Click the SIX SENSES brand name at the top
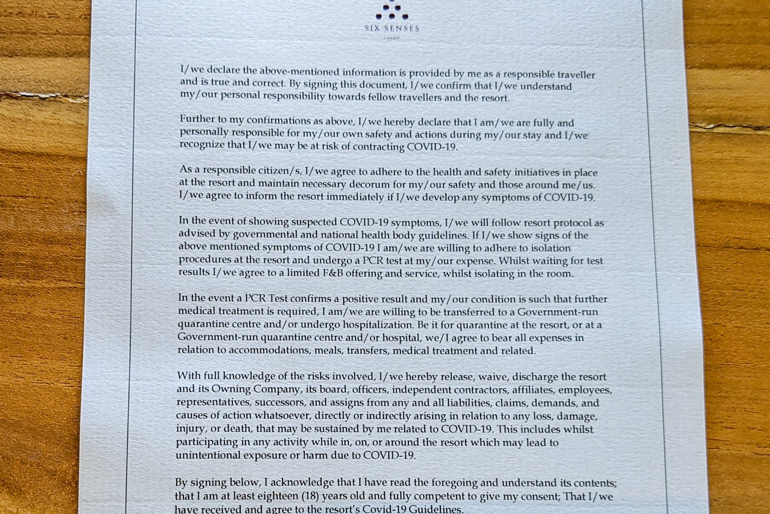click(x=392, y=28)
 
